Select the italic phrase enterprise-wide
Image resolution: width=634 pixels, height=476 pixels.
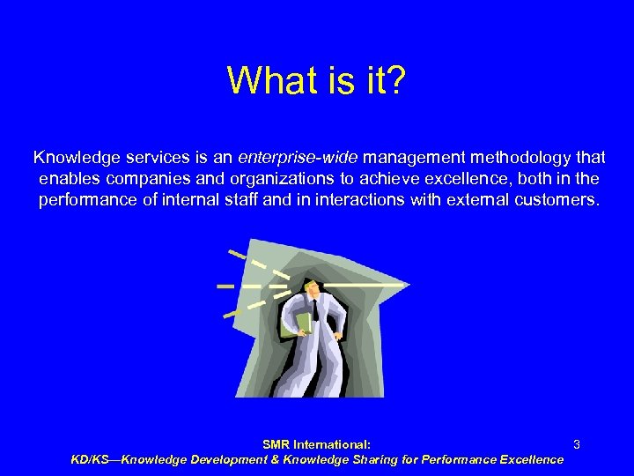pyautogui.click(x=297, y=158)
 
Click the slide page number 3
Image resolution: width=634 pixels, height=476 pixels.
pyautogui.click(x=576, y=445)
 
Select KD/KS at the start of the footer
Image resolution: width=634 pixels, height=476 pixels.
pyautogui.click(x=92, y=459)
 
